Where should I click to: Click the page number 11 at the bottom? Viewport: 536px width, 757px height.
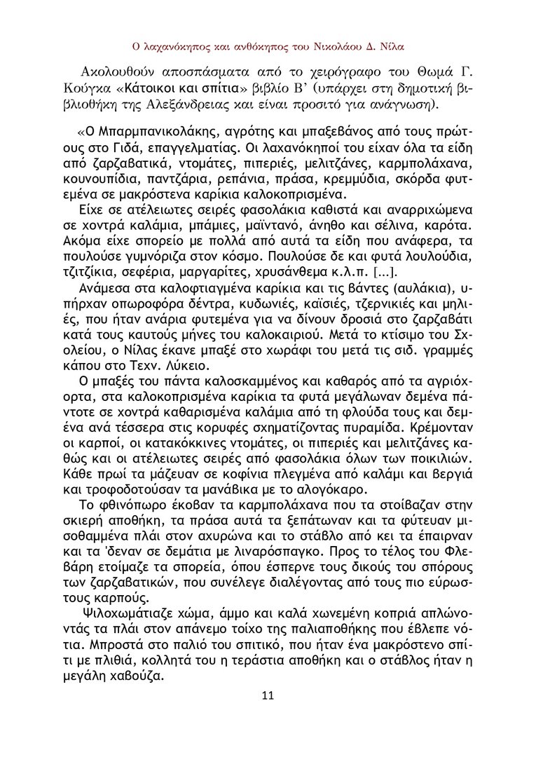point(267,695)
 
